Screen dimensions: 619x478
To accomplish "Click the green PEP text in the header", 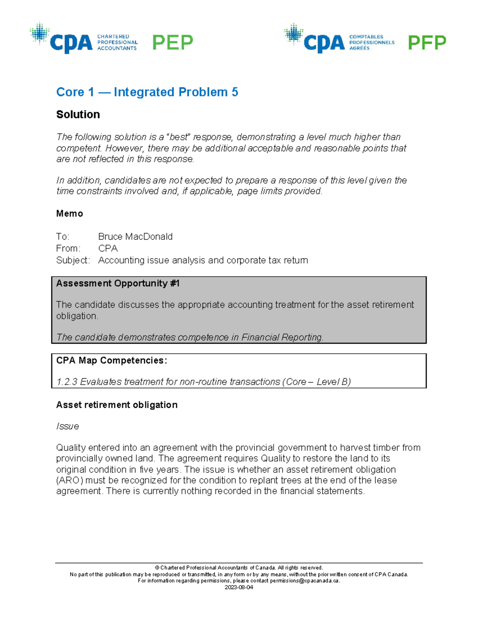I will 172,42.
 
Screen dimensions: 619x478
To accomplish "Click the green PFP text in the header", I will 427,43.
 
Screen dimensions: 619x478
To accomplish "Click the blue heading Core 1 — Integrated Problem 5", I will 147,92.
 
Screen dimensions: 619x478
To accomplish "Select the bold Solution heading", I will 78,114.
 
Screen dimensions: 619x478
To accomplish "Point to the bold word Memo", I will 70,214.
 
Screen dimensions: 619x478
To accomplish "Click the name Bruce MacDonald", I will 135,237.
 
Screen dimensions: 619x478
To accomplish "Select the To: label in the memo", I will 63,237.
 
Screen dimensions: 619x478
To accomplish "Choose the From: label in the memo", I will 68,248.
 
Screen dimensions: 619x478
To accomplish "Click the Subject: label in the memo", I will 73,260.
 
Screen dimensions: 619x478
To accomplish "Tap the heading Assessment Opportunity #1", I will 118,283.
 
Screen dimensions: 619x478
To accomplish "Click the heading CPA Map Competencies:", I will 112,360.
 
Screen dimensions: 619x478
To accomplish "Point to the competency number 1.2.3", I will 67,382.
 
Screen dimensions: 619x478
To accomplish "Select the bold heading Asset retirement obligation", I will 117,405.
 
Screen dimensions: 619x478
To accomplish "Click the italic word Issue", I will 67,426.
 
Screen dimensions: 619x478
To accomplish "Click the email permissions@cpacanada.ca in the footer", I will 304,581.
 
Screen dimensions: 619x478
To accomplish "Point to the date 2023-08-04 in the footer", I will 239,587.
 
